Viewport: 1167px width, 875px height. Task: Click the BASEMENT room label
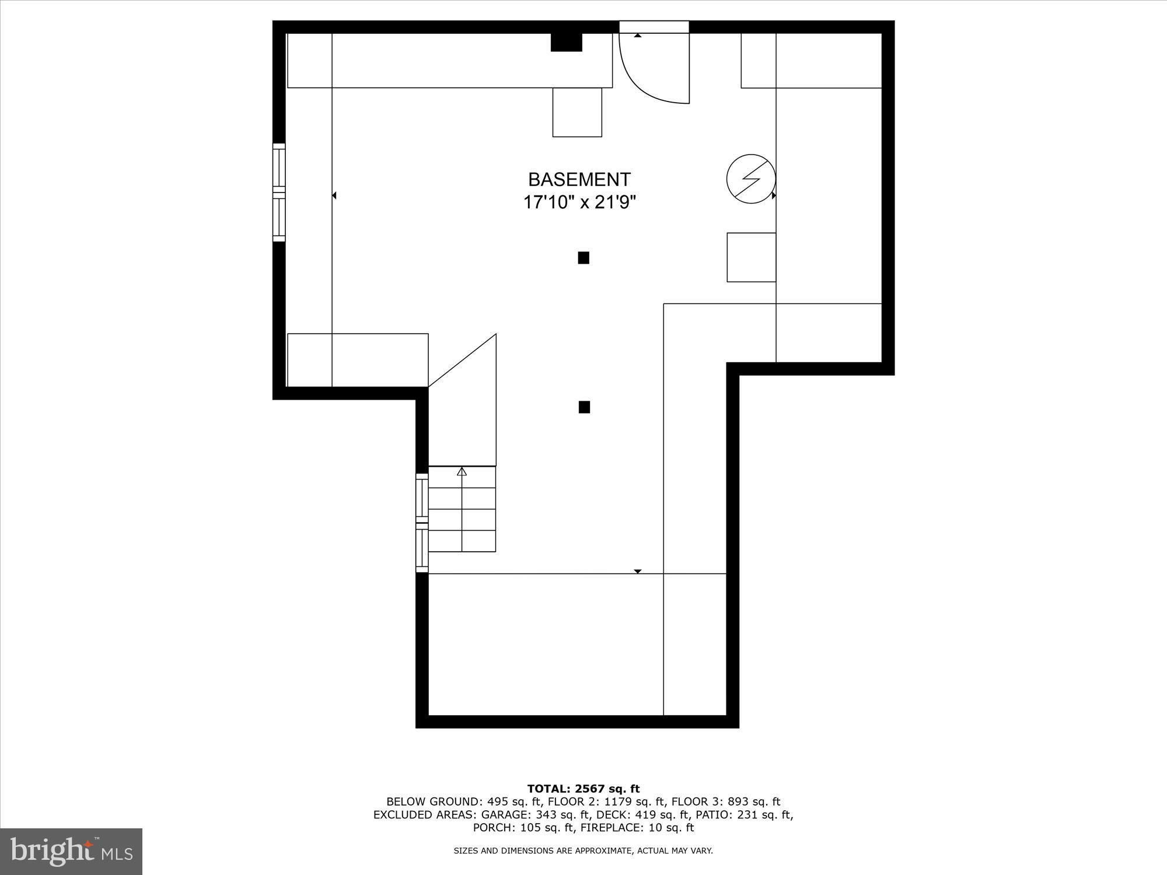[x=579, y=179]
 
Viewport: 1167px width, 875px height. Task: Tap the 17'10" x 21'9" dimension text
[x=579, y=202]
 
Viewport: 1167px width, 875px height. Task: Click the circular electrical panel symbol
[x=751, y=179]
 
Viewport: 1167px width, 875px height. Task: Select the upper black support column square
[x=583, y=258]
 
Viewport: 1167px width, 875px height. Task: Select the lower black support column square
[x=584, y=407]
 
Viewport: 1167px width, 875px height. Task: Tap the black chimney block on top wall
[x=567, y=42]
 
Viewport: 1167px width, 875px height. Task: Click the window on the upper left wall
[x=279, y=192]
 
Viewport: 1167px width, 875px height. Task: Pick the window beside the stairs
[x=422, y=523]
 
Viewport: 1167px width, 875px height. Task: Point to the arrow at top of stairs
[x=462, y=471]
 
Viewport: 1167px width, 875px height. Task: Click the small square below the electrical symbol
[x=751, y=257]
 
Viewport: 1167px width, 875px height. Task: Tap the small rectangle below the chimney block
[x=577, y=113]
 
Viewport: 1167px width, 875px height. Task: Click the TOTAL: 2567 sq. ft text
[x=583, y=789]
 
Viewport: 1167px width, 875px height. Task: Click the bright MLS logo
[x=71, y=851]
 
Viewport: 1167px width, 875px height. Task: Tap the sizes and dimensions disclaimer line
[x=583, y=851]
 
